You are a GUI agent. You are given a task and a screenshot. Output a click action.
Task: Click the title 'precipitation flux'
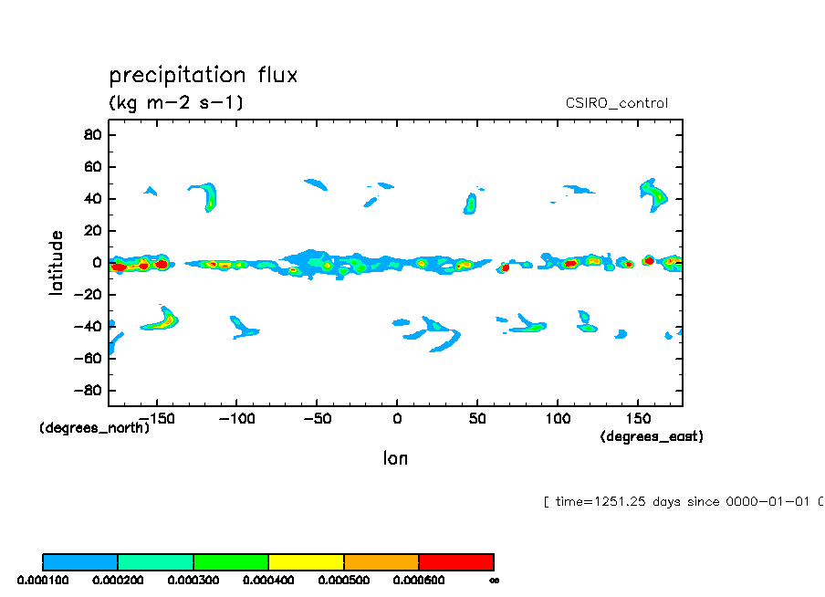[204, 75]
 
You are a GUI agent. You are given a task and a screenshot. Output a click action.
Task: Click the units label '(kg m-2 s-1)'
[176, 102]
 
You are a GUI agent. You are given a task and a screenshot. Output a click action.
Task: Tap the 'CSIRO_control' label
[617, 103]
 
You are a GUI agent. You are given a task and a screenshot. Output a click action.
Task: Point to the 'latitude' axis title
[57, 262]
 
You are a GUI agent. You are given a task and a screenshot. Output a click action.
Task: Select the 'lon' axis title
[395, 458]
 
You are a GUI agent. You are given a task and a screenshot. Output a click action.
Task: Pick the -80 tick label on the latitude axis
[89, 391]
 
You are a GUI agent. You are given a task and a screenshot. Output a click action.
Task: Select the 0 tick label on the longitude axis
[396, 418]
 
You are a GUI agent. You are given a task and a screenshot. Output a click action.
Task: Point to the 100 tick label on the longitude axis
[557, 418]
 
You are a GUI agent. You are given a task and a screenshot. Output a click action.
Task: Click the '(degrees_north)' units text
[94, 428]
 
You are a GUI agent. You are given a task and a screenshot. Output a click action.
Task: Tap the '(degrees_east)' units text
[652, 436]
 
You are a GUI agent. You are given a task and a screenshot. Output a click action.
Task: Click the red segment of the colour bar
[456, 561]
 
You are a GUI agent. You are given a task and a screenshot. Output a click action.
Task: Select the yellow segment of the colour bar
[306, 561]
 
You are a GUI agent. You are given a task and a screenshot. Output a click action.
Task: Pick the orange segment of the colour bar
[381, 561]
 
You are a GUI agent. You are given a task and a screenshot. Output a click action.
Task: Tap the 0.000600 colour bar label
[419, 580]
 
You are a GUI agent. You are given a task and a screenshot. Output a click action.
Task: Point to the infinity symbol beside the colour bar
[494, 580]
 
